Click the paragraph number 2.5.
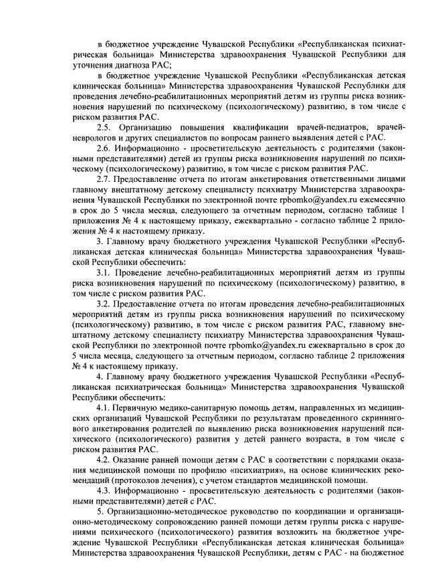coord(104,126)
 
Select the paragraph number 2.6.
coord(104,147)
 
